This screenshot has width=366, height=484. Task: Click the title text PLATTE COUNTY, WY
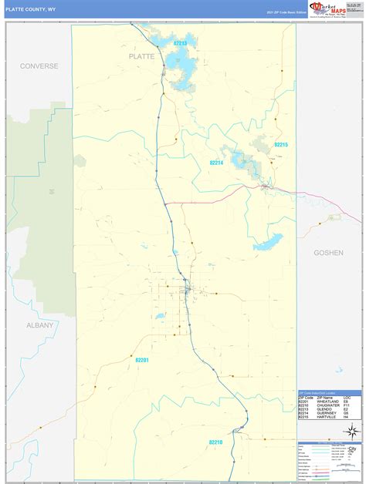click(x=30, y=9)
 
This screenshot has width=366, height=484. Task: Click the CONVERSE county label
click(x=39, y=66)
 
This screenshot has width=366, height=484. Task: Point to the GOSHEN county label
click(x=328, y=252)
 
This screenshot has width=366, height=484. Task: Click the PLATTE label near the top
click(x=141, y=56)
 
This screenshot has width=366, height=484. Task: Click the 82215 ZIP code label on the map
click(x=281, y=145)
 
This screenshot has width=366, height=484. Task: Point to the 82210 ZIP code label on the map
click(x=215, y=442)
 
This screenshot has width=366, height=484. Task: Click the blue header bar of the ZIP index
click(x=329, y=392)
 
